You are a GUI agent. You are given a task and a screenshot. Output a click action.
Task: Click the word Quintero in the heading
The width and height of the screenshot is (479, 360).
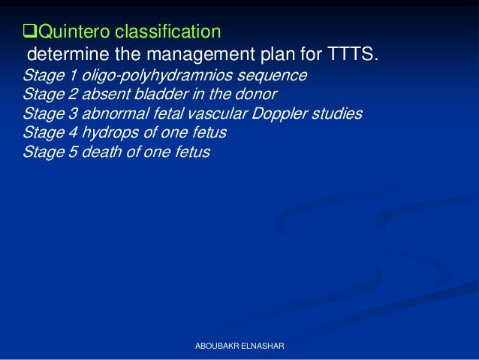point(71,32)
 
